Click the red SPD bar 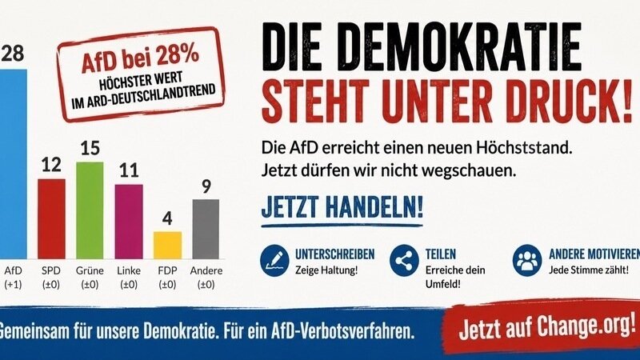(x=51, y=218)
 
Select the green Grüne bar (x=90, y=210)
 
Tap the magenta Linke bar (x=129, y=222)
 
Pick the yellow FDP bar (x=167, y=246)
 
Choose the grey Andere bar (x=206, y=229)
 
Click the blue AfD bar (x=14, y=164)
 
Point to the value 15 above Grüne (x=90, y=148)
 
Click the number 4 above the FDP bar (x=167, y=218)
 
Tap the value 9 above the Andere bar (x=206, y=186)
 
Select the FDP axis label (x=167, y=270)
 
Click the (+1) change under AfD (x=13, y=285)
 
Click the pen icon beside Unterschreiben (x=274, y=261)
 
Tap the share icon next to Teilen (x=404, y=261)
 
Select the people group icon (x=527, y=261)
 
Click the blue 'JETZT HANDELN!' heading (x=342, y=207)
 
